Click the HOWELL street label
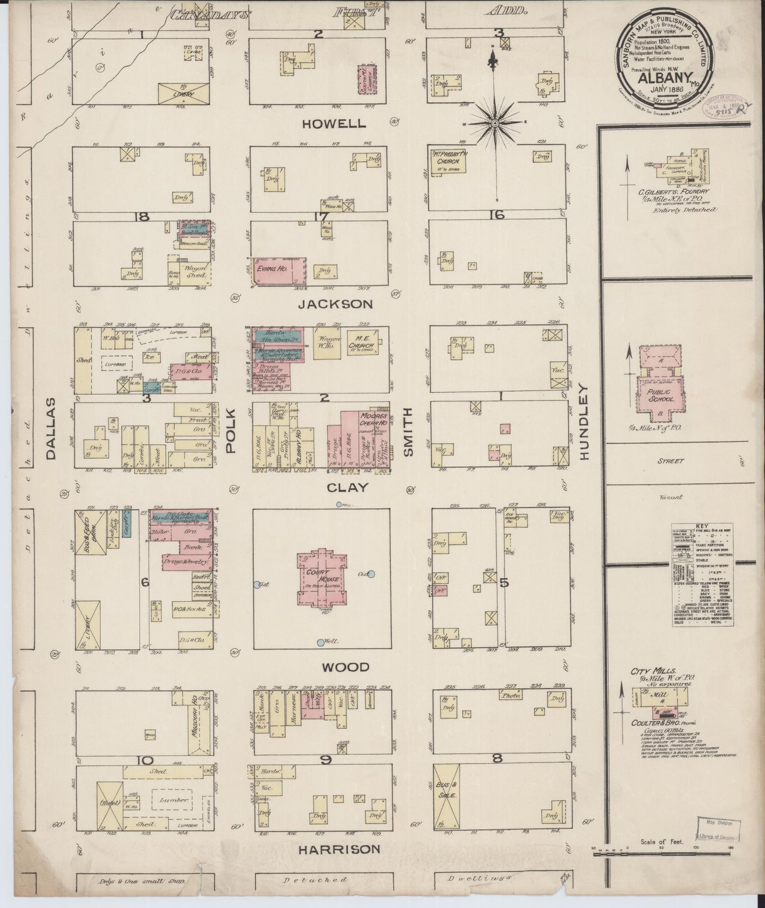coord(334,124)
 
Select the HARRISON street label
coord(339,849)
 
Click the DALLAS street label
coord(50,430)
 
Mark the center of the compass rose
coord(495,123)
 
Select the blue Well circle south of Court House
coord(320,643)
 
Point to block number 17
coord(320,217)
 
